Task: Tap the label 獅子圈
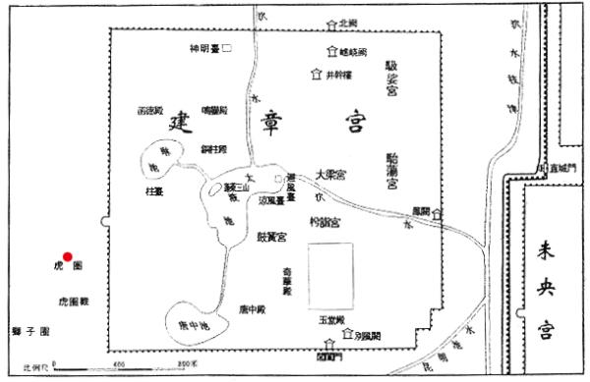tap(30, 333)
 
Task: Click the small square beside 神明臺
tap(227, 47)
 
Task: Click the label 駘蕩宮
tap(392, 170)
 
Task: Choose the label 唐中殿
tap(251, 310)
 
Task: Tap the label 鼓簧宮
tap(271, 237)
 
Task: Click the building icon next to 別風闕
tap(347, 336)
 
